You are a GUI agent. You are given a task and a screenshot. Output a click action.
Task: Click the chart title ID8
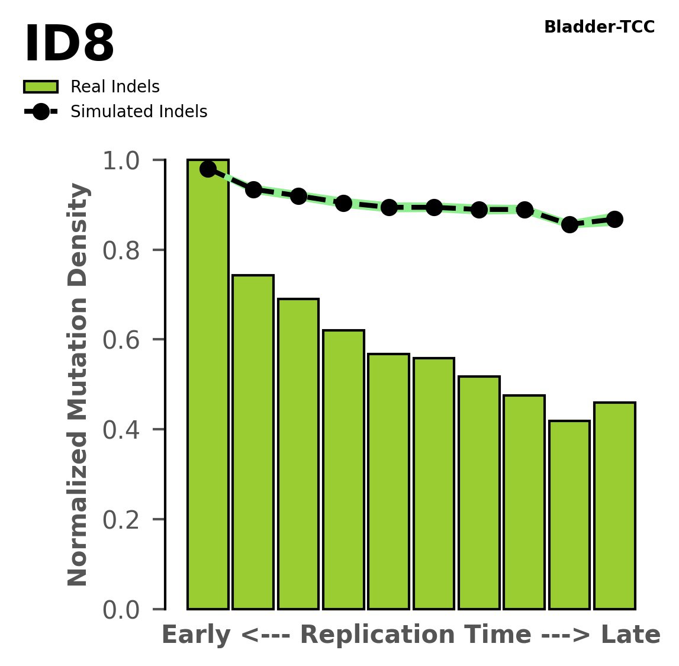click(x=69, y=45)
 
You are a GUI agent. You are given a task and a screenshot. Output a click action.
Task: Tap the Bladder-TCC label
click(x=598, y=27)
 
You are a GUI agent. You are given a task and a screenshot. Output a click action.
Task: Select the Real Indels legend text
click(x=115, y=87)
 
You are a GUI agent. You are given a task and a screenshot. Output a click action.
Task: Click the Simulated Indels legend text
click(x=139, y=112)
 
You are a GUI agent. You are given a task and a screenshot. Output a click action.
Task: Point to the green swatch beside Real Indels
click(x=41, y=87)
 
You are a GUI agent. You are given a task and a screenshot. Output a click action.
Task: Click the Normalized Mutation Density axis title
click(x=78, y=384)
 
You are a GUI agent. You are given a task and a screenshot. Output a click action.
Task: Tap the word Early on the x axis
click(x=196, y=636)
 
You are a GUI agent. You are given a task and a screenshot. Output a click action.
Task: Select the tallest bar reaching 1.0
click(x=208, y=385)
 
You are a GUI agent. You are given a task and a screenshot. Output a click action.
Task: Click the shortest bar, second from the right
click(x=569, y=515)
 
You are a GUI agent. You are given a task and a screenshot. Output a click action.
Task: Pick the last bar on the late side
click(x=614, y=506)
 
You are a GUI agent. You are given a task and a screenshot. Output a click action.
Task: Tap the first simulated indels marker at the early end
click(x=208, y=169)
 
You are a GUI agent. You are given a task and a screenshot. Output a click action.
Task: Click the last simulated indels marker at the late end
click(x=614, y=219)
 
